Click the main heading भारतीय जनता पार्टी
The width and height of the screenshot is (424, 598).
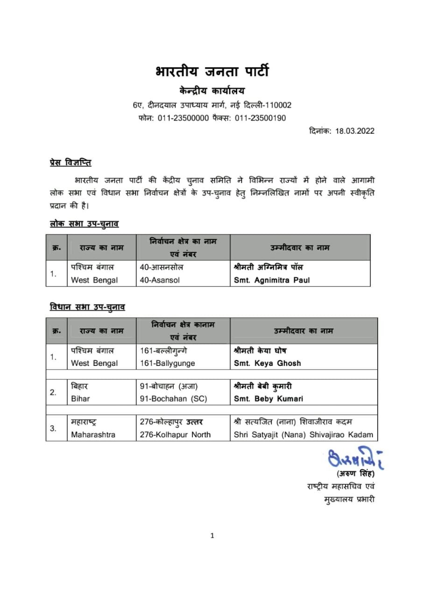pyautogui.click(x=212, y=71)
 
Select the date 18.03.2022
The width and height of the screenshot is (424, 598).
pyautogui.click(x=354, y=131)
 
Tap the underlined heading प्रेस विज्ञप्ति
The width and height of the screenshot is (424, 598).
pyautogui.click(x=71, y=163)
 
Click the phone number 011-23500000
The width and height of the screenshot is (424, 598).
pyautogui.click(x=183, y=118)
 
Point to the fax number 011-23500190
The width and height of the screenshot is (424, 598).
pyautogui.click(x=261, y=118)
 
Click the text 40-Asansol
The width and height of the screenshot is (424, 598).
pyautogui.click(x=160, y=280)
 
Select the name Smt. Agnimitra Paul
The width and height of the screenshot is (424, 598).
pyautogui.click(x=272, y=280)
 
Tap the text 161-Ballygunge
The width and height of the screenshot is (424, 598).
pyautogui.click(x=168, y=363)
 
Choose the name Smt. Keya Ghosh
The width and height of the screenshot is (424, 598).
pyautogui.click(x=267, y=363)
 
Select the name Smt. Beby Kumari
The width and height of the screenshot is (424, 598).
pyautogui.click(x=268, y=399)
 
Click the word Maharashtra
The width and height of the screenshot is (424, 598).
pyautogui.click(x=93, y=434)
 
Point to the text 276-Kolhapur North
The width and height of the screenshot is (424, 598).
pyautogui.click(x=175, y=434)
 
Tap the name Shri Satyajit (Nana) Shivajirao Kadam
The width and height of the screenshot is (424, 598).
pyautogui.click(x=304, y=434)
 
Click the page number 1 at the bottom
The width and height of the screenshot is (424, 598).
pyautogui.click(x=212, y=536)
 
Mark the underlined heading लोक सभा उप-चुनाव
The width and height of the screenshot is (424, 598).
pyautogui.click(x=84, y=224)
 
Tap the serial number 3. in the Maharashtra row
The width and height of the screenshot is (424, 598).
pyautogui.click(x=54, y=428)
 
